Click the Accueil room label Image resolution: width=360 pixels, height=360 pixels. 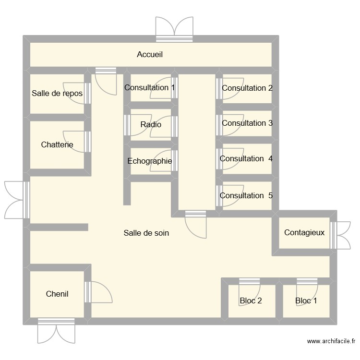click(x=150, y=55)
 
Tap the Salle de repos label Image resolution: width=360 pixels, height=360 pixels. click(x=57, y=94)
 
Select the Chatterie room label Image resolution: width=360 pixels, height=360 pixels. click(x=57, y=144)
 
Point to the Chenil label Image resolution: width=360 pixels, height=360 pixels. click(x=57, y=294)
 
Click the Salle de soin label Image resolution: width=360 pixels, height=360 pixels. click(x=146, y=233)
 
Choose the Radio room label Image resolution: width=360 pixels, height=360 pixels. click(x=151, y=125)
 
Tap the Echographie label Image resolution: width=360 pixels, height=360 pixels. click(x=150, y=161)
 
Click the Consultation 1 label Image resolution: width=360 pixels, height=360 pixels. click(x=149, y=88)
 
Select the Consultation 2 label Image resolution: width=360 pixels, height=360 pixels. click(x=247, y=88)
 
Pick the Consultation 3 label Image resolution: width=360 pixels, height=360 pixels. click(x=247, y=123)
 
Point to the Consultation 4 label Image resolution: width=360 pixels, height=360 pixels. click(x=246, y=158)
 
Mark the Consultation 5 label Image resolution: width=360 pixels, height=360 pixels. click(x=246, y=196)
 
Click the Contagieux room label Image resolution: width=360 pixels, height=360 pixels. click(x=304, y=233)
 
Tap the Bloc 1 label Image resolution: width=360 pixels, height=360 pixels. click(x=306, y=301)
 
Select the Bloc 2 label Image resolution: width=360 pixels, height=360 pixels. click(x=251, y=301)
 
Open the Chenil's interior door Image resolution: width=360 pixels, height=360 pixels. click(x=98, y=292)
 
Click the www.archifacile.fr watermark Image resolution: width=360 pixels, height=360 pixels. click(x=331, y=342)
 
